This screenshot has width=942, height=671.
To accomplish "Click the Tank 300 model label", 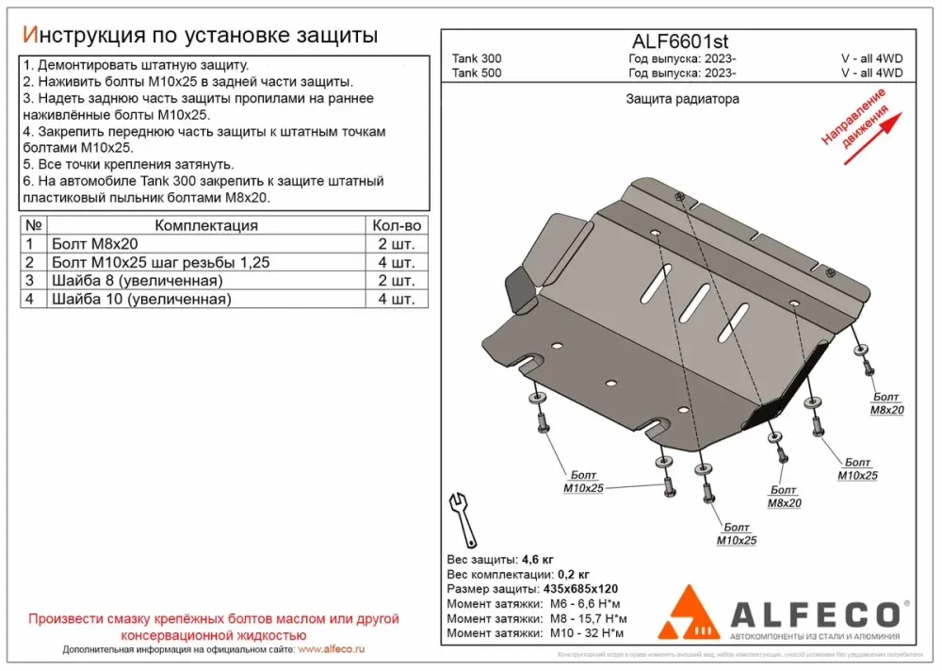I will pos(477,58).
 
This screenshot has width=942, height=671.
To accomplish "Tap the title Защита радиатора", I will pos(682,99).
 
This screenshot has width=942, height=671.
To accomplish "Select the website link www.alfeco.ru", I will pos(331,650).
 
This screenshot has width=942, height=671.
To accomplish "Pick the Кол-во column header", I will pos(397,225).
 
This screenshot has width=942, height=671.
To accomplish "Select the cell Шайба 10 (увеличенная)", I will pos(140,299).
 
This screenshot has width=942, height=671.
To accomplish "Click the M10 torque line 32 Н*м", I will pos(593,632).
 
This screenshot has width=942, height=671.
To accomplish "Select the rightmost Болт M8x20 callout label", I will pos(886,403).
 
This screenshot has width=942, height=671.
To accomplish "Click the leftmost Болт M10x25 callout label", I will pos(582,482).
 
